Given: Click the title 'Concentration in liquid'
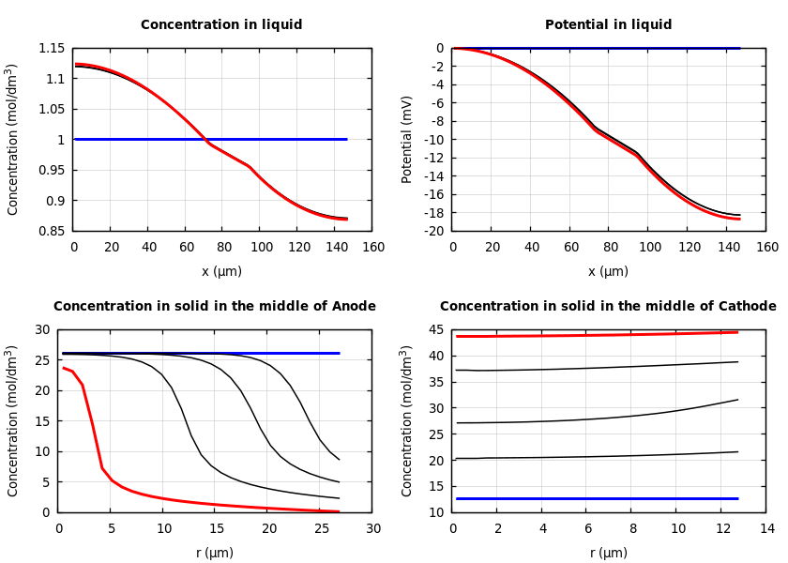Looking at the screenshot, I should point(221,25).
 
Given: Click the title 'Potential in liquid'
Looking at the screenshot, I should point(608,25).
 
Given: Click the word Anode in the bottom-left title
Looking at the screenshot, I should point(354,307).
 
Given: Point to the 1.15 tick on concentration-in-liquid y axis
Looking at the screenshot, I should point(52,49).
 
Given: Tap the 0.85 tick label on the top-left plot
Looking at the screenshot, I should point(52,231).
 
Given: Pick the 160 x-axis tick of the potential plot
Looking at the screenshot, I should point(766,248).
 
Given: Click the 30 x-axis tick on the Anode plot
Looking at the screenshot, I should point(372,529).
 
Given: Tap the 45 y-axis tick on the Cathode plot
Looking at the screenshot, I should point(435,329).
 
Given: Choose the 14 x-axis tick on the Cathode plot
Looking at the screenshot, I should point(766,529).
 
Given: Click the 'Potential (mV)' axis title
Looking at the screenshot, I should point(407,139).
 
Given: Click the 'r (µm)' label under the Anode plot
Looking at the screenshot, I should point(215,554).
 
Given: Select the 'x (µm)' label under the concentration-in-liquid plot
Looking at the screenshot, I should point(221,272).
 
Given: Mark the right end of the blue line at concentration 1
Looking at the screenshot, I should point(346,139).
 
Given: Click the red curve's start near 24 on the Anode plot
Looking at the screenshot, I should point(64,368).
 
